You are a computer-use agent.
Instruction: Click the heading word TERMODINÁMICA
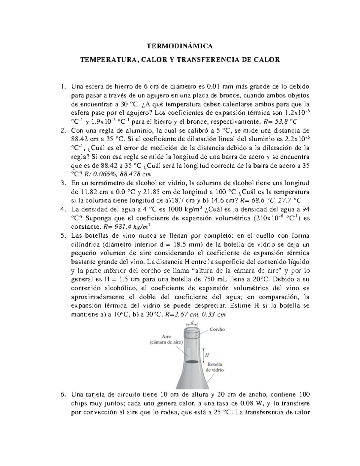coord(180,46)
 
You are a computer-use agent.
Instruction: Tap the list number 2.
coord(62,131)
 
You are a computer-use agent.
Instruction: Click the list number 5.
coord(62,236)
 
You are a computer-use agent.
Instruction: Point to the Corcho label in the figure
coord(217,329)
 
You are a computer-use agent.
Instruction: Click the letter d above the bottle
coord(192,322)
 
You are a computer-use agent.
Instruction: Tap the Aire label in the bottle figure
coord(166,337)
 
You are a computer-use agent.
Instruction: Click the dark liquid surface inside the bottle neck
coord(192,362)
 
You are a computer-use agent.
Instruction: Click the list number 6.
coord(62,395)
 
